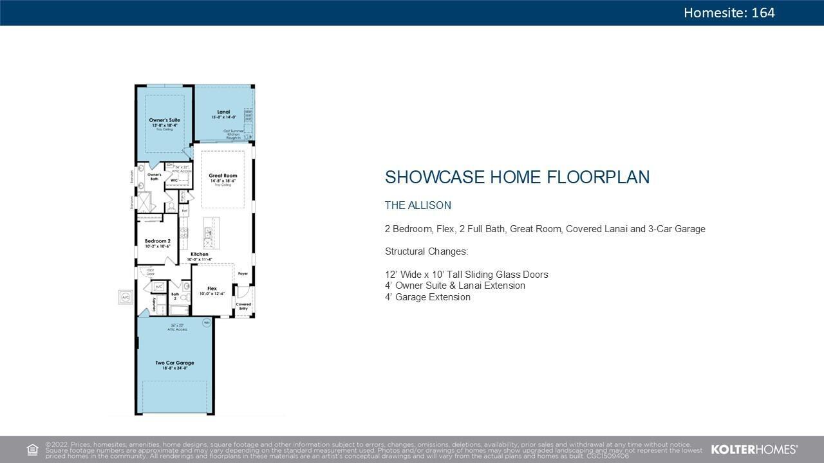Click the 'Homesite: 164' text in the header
pos(729,13)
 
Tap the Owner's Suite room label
pos(165,120)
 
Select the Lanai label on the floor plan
pos(223,112)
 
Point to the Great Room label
pos(223,176)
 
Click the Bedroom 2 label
pos(157,241)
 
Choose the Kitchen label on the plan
pos(199,255)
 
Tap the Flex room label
pos(212,289)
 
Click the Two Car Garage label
pos(174,363)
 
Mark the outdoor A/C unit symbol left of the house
pos(126,297)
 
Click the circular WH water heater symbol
pos(207,322)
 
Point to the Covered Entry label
pos(243,306)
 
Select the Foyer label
pos(243,273)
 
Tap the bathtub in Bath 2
pos(179,310)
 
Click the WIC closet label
pos(174,181)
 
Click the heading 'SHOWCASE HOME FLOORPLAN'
pos(517,177)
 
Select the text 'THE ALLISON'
pos(418,206)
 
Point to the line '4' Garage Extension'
pos(427,297)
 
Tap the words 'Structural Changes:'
pos(426,251)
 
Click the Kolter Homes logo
pos(754,449)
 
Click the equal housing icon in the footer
pos(32,449)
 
